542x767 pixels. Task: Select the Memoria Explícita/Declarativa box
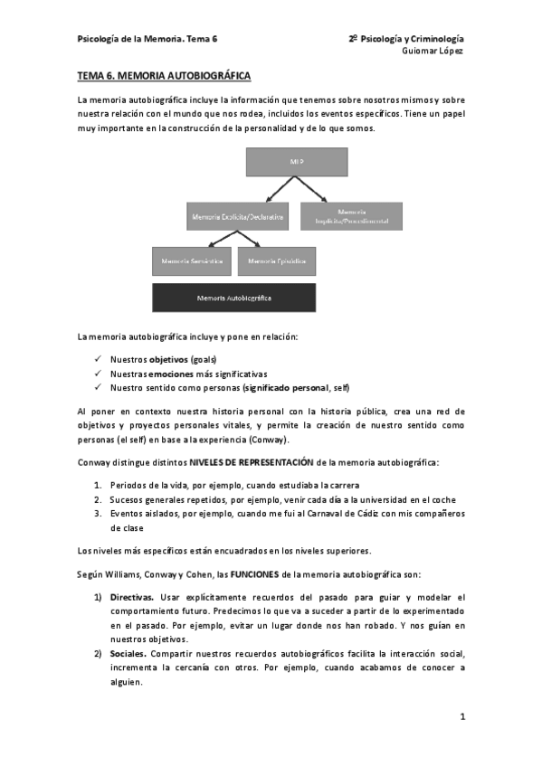click(x=238, y=216)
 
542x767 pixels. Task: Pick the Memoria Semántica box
click(x=192, y=261)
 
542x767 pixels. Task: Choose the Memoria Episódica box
click(x=276, y=261)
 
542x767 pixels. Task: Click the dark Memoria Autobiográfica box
click(x=234, y=297)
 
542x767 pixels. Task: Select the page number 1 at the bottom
click(x=462, y=717)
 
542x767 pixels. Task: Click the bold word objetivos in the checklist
click(x=168, y=360)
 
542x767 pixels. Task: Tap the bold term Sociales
click(x=128, y=653)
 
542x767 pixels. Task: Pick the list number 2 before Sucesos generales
click(x=97, y=500)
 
